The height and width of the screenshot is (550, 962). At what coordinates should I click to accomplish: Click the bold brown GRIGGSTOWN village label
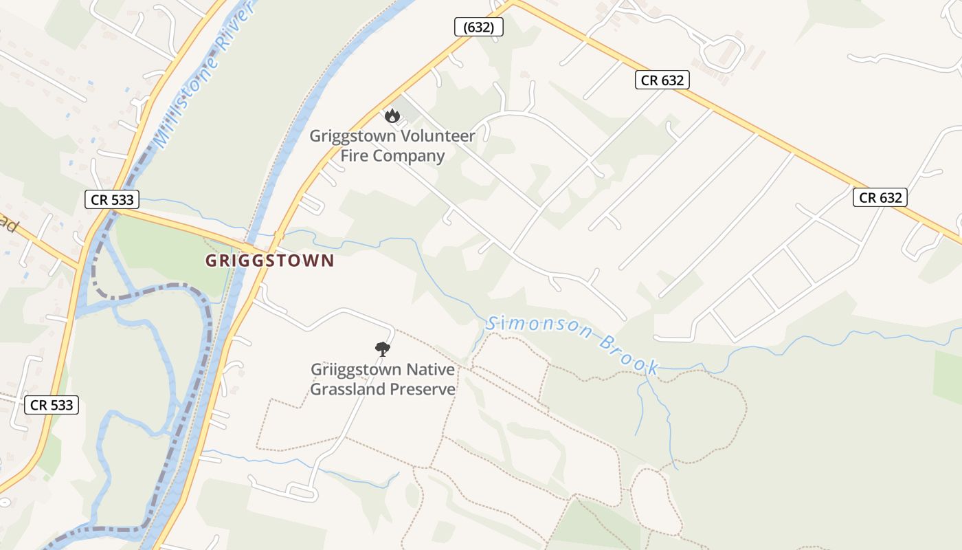pyautogui.click(x=269, y=261)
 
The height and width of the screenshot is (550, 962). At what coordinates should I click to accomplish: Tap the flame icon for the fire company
pyautogui.click(x=392, y=115)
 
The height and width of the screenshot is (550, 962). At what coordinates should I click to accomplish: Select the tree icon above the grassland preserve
pyautogui.click(x=383, y=349)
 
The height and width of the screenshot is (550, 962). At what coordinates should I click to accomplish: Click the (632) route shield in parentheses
pyautogui.click(x=479, y=27)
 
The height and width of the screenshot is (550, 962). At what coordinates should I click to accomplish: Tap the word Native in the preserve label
pyautogui.click(x=430, y=370)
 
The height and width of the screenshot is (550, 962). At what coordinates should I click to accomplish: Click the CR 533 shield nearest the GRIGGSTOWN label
pyautogui.click(x=112, y=200)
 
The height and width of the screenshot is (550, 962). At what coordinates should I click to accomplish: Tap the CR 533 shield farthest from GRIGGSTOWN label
pyautogui.click(x=52, y=405)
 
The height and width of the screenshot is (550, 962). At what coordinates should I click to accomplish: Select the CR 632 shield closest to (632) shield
pyautogui.click(x=662, y=80)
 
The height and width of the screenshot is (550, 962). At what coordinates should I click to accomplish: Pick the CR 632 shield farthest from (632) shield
pyautogui.click(x=880, y=198)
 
